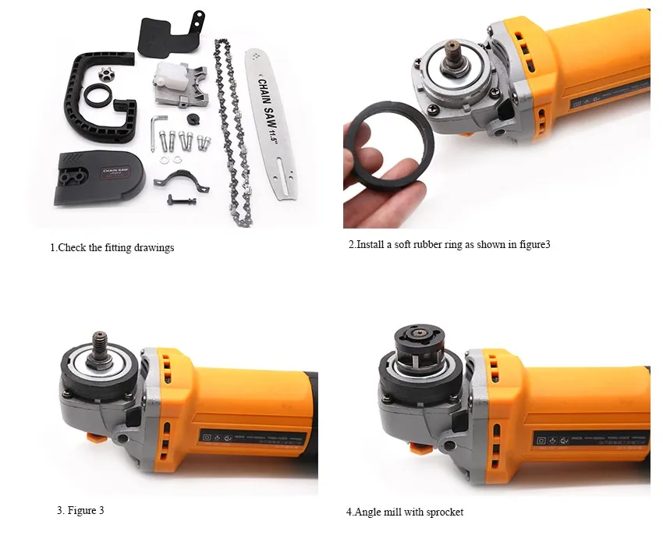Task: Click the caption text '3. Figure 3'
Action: pyautogui.click(x=80, y=511)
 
